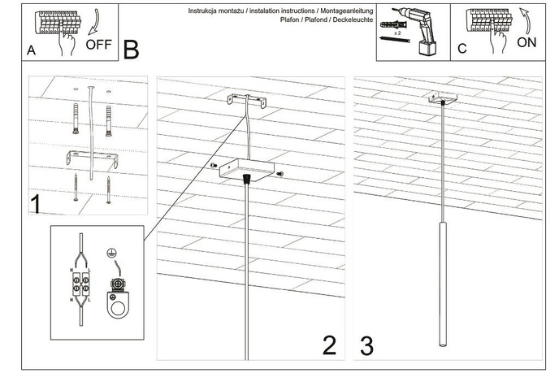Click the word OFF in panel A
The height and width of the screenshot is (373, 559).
pyautogui.click(x=98, y=45)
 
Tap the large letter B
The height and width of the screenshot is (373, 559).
pyautogui.click(x=131, y=50)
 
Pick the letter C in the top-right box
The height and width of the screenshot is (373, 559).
pyautogui.click(x=461, y=49)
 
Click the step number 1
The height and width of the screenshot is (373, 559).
pyautogui.click(x=36, y=203)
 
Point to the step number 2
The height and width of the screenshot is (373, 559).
pyautogui.click(x=329, y=345)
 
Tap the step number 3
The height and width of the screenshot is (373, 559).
pyautogui.click(x=366, y=345)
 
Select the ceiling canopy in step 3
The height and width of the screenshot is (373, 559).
pyautogui.click(x=443, y=98)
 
